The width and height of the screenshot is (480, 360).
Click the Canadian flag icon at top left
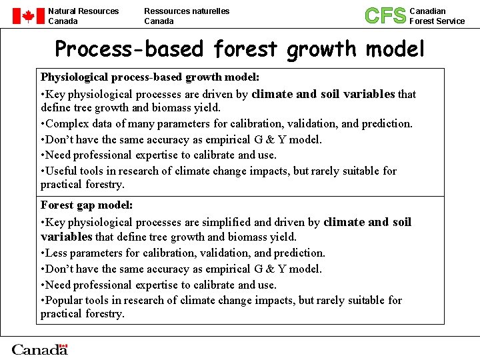point(27,16)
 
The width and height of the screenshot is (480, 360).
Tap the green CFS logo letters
point(385,15)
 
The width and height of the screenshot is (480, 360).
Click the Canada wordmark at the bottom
point(40,349)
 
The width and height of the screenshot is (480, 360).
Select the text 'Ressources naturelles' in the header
point(187,11)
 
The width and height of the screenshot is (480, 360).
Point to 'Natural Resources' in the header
point(83,11)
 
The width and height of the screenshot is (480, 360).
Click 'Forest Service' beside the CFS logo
point(437,21)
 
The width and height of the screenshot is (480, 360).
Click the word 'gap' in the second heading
point(86,205)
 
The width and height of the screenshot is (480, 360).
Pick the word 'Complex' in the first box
point(68,123)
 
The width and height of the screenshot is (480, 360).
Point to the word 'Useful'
point(61,171)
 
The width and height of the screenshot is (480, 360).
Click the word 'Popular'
point(65,300)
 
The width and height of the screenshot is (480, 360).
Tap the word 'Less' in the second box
point(57,253)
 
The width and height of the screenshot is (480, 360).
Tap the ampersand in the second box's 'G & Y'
point(268,269)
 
